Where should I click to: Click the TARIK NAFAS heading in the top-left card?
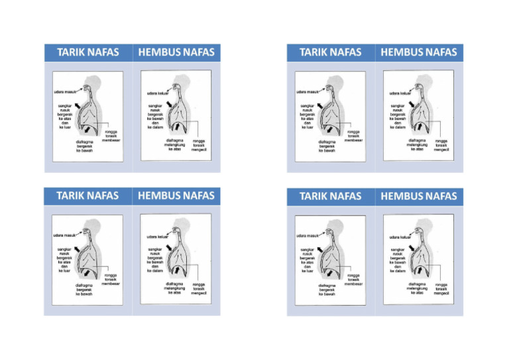pos(87,52)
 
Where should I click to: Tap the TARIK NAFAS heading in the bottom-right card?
pos(330,196)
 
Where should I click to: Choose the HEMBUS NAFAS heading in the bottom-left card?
pos(176,196)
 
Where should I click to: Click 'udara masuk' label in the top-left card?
pos(65,91)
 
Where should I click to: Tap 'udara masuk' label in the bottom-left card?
pos(65,235)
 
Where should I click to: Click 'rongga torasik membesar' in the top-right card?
pos(353,137)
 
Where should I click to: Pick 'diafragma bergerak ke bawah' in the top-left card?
pos(84,146)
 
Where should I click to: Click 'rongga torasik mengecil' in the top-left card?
pos(199,145)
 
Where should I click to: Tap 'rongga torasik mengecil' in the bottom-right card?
pos(441,289)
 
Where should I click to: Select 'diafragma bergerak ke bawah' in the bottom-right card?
pos(327,290)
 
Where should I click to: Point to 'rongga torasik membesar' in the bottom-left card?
pos(111,279)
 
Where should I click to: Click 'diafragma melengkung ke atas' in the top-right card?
pos(417,145)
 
